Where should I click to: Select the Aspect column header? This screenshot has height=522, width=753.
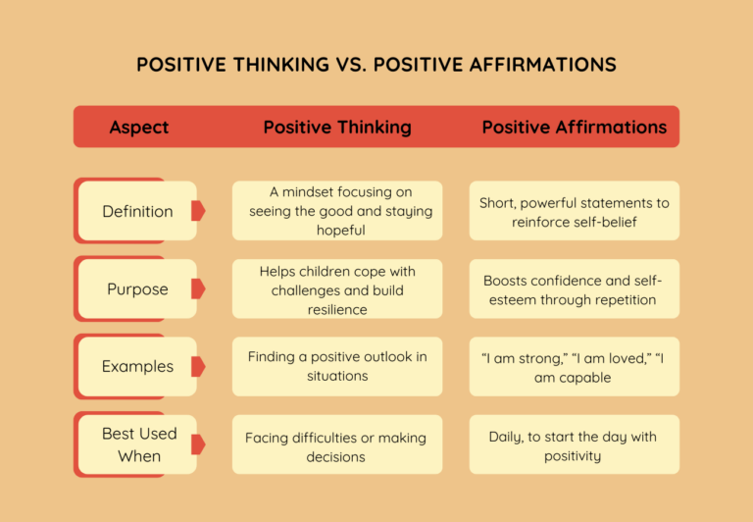(x=138, y=128)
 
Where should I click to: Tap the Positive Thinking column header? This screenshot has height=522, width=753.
(x=337, y=128)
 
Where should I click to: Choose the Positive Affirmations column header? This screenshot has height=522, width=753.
(x=575, y=128)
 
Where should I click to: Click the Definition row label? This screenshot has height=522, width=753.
(x=137, y=211)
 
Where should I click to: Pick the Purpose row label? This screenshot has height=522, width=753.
(x=137, y=289)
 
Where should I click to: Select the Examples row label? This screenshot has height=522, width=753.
(x=137, y=367)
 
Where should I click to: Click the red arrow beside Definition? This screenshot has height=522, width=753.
(x=198, y=211)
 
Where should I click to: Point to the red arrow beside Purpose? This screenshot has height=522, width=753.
(x=198, y=289)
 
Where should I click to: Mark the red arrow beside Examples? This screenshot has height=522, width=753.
(x=198, y=367)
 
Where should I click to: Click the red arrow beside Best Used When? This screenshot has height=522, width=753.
(x=198, y=444)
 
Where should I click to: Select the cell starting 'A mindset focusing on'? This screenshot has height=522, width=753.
(x=337, y=211)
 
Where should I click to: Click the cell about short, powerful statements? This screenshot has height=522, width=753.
(x=575, y=211)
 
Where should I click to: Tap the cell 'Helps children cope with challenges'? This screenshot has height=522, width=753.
(x=337, y=289)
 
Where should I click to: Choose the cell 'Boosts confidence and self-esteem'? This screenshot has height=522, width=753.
(x=575, y=289)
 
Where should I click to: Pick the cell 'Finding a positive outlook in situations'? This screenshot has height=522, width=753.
(x=337, y=367)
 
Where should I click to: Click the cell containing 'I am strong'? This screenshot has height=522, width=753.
(x=575, y=367)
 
